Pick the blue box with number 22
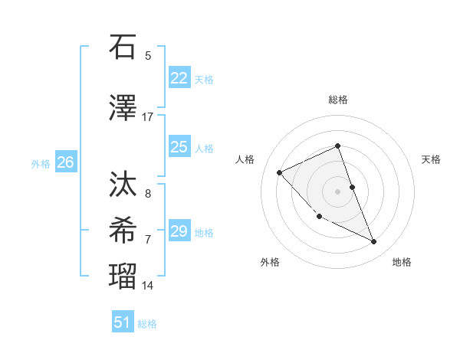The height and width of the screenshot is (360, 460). point(179,77)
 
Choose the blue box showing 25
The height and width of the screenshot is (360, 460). point(179,147)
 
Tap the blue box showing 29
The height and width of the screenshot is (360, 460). point(179,231)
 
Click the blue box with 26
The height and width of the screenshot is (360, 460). point(65,162)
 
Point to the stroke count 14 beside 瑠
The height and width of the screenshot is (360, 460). point(147,286)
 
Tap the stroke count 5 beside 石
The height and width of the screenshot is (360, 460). point(147,55)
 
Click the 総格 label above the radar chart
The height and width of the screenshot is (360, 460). point(337,100)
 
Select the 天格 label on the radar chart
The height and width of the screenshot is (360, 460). point(431,159)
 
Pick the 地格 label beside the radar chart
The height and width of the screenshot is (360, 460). point(402,262)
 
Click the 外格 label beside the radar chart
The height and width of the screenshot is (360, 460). point(270,262)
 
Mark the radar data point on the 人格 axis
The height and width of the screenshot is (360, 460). point(280,172)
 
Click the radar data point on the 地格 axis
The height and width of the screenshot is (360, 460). point(374,242)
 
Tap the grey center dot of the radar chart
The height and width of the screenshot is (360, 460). point(337,191)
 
